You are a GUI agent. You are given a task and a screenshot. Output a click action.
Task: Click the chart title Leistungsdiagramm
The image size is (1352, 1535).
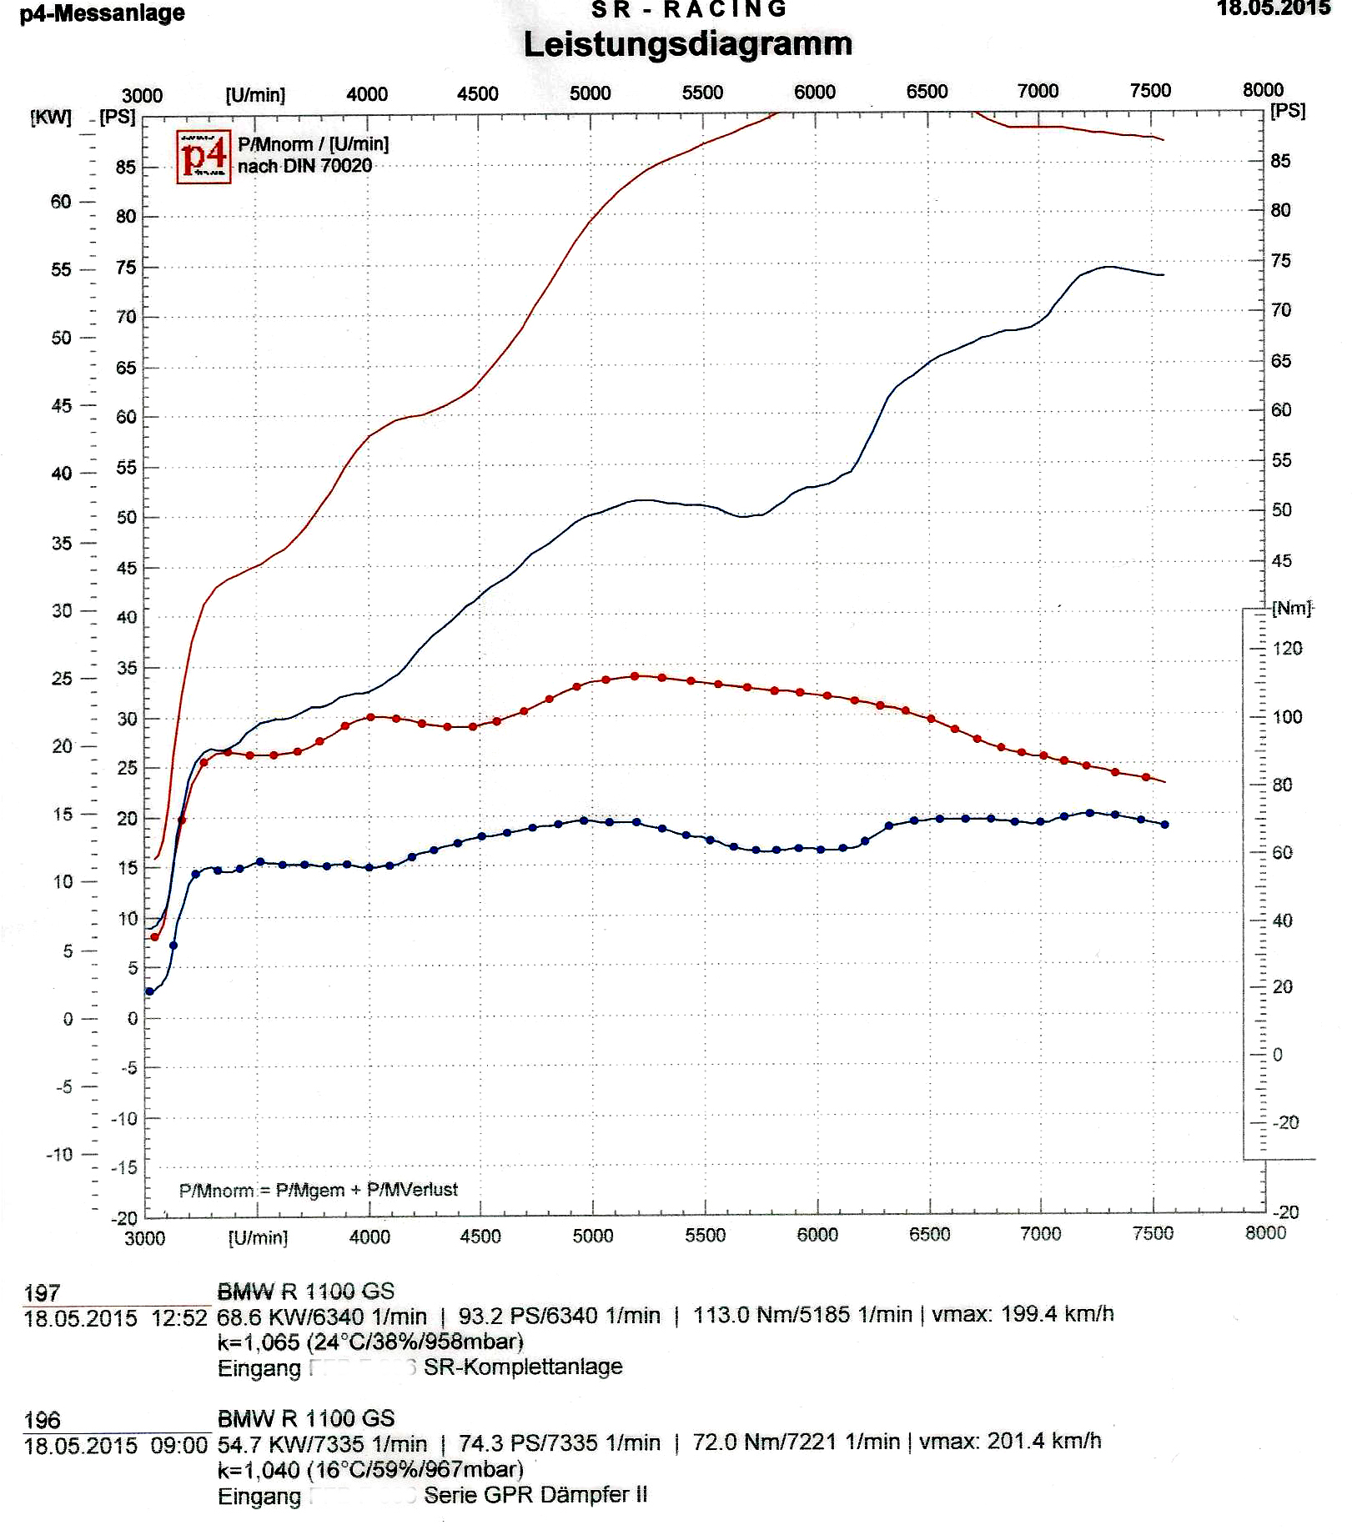[687, 44]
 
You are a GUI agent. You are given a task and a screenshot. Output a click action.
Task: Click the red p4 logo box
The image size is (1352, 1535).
[204, 156]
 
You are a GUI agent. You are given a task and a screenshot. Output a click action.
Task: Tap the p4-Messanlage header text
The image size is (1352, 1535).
[102, 13]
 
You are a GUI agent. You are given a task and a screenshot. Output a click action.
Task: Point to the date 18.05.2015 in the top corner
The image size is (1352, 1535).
[1273, 8]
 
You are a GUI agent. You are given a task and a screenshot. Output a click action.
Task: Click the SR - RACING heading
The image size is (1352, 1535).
[689, 9]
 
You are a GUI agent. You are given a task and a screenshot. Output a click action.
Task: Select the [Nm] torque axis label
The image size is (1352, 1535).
[1292, 608]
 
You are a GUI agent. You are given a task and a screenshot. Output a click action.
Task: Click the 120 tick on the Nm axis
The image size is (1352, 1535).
[1288, 648]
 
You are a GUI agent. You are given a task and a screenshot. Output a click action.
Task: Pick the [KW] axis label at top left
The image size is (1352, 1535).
[50, 116]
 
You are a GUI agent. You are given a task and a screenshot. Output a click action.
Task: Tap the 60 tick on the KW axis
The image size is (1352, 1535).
[61, 201]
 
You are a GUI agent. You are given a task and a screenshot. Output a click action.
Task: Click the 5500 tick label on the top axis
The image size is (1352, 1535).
[702, 93]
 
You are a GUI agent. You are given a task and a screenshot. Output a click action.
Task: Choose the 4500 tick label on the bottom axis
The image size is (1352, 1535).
[480, 1236]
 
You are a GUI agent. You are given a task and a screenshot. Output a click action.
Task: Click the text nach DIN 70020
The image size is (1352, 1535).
[304, 166]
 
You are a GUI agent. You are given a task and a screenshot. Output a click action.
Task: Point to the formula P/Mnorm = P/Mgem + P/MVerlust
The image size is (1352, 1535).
[319, 1190]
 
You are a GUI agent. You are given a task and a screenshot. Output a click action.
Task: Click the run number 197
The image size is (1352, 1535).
[42, 1293]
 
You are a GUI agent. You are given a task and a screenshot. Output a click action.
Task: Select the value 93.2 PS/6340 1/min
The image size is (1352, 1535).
[559, 1316]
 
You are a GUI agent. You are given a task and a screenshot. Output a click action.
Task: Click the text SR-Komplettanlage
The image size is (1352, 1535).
[523, 1367]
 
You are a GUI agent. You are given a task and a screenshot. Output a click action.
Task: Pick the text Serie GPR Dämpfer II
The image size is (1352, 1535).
[535, 1495]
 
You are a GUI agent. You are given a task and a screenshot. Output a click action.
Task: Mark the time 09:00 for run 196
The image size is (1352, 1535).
[178, 1445]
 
